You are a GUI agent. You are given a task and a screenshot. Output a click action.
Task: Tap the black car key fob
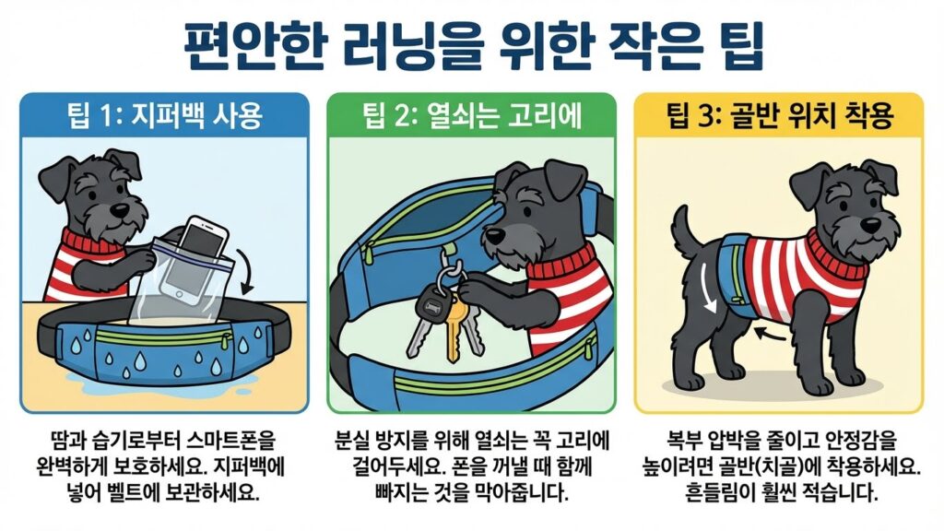click(430, 304)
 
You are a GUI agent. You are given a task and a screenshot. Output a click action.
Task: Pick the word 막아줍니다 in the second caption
click(523, 492)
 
